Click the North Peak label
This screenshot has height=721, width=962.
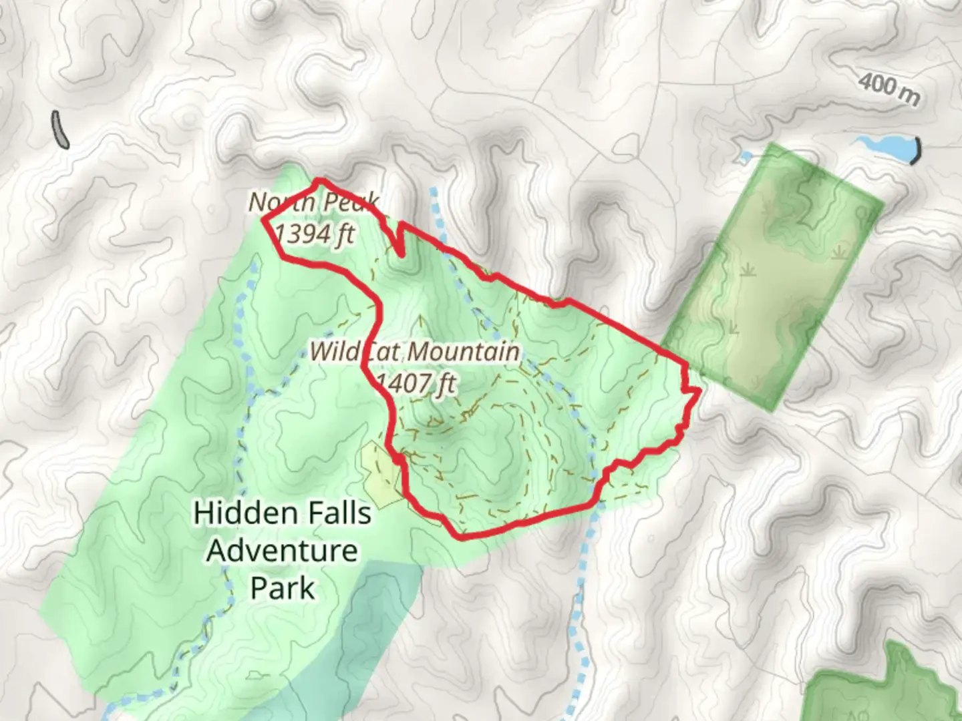tap(314, 202)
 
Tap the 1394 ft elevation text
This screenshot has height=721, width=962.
tap(314, 234)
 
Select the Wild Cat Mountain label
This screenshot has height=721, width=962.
tap(414, 351)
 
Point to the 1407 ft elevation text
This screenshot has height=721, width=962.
tap(416, 384)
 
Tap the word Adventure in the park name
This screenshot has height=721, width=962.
tap(282, 551)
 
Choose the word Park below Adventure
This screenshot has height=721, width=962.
tap(282, 588)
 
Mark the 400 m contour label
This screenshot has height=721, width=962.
tap(889, 89)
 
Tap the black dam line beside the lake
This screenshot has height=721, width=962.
tap(917, 150)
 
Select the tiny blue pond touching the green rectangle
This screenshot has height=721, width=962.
tap(745, 157)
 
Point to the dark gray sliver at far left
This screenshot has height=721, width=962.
tap(59, 129)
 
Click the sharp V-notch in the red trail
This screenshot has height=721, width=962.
tap(400, 252)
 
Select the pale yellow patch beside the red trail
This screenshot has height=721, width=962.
tap(381, 471)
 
